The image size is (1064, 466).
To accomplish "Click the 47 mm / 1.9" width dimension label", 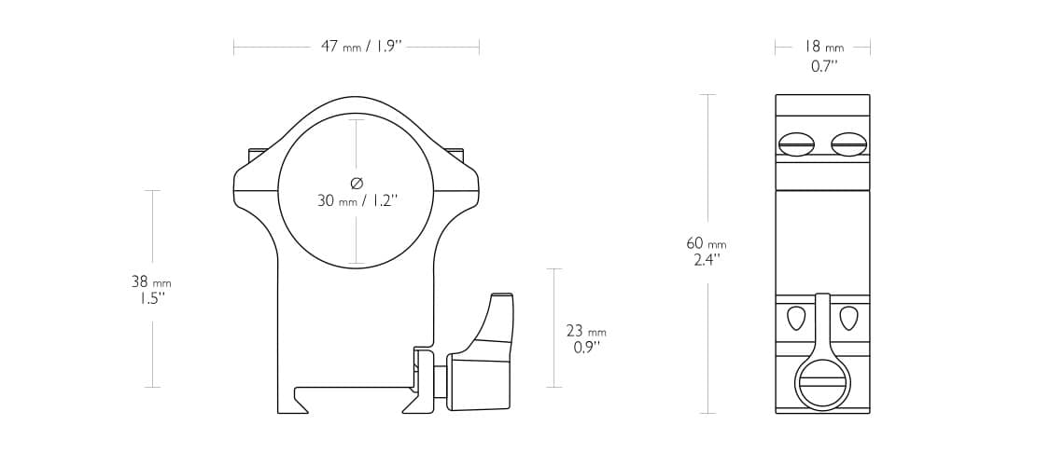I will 360,47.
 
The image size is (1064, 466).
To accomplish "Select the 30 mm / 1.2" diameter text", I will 357,200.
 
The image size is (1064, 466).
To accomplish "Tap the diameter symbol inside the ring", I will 357,183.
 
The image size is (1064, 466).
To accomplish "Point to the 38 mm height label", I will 151,281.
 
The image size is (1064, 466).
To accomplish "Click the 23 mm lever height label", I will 586,331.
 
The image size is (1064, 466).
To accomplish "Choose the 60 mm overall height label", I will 706,243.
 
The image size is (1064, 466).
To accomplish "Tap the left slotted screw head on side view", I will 796,144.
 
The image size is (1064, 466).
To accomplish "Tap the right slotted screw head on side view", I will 848,144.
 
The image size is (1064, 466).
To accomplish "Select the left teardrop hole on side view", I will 795,318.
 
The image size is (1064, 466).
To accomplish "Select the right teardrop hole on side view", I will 848,318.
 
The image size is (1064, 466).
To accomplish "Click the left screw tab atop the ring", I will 258,154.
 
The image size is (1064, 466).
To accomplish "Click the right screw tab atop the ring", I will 455,154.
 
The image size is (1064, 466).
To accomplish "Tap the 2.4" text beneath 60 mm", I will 706,261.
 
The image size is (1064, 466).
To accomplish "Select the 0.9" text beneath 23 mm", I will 586,348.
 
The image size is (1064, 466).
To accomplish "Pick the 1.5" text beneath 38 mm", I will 151,298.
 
